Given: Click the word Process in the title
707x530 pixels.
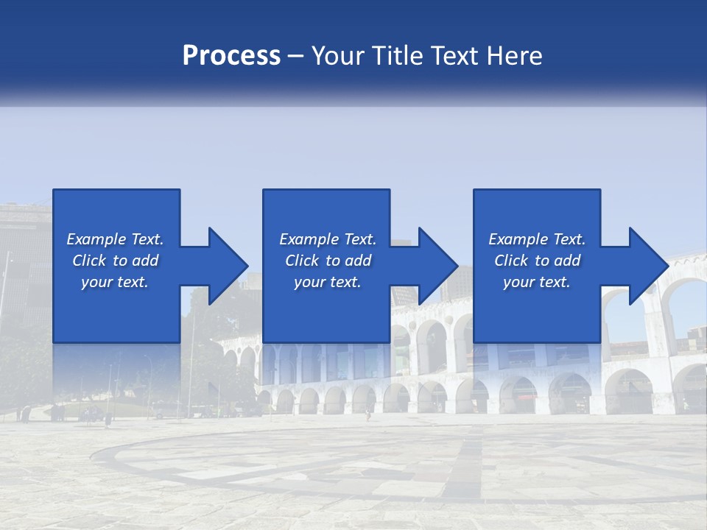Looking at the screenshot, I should pyautogui.click(x=231, y=56).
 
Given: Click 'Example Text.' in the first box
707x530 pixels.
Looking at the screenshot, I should pyautogui.click(x=115, y=239).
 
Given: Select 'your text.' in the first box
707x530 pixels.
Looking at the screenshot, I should pyautogui.click(x=115, y=282).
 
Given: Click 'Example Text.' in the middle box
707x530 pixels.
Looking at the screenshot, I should pyautogui.click(x=328, y=239).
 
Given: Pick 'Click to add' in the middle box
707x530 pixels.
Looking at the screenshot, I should pyautogui.click(x=328, y=261).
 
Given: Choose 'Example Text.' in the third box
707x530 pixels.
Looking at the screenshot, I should pyautogui.click(x=537, y=239).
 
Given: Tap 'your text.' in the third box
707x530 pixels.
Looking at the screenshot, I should pyautogui.click(x=537, y=282).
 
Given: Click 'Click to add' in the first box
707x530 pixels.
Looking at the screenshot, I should pyautogui.click(x=115, y=261).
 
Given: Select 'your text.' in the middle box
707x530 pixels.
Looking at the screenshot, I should pyautogui.click(x=328, y=282).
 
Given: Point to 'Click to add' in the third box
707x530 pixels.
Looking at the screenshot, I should pyautogui.click(x=537, y=261).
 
